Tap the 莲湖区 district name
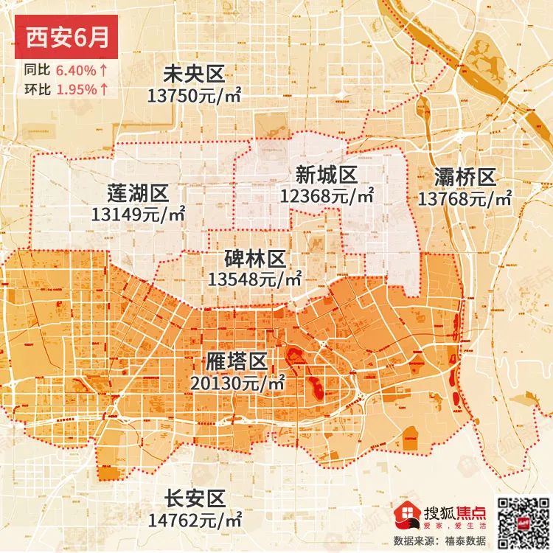point(138,194)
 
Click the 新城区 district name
point(327,175)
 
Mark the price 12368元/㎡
point(327,195)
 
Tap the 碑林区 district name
point(255,259)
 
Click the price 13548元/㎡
point(255,279)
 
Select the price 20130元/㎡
point(237,383)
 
